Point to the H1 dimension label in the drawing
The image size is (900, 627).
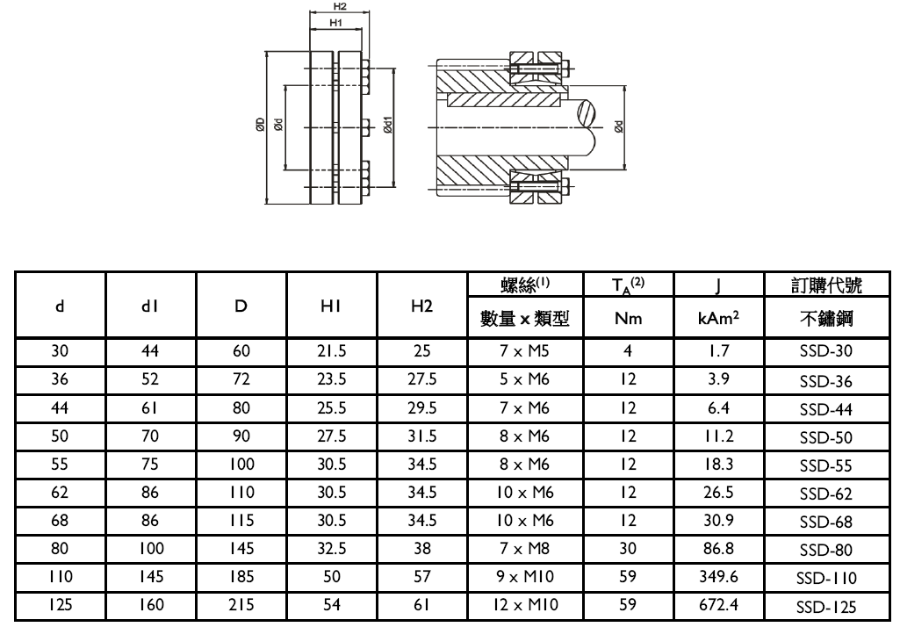pyautogui.click(x=335, y=22)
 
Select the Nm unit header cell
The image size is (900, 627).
pyautogui.click(x=628, y=321)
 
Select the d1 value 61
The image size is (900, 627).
pyautogui.click(x=150, y=407)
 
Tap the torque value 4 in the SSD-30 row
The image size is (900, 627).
pyautogui.click(x=628, y=351)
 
